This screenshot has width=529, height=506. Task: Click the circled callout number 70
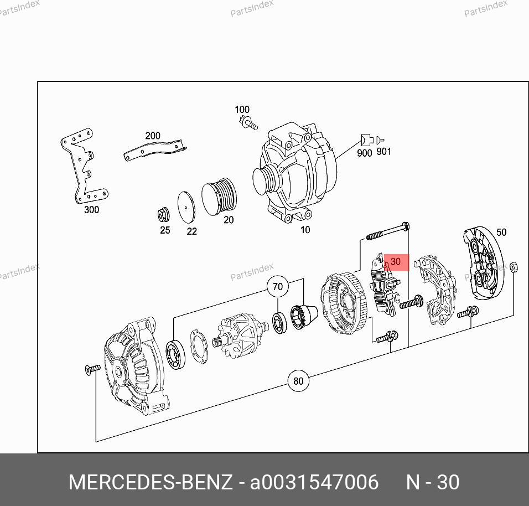click(x=277, y=287)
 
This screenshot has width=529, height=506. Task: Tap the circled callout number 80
click(x=298, y=381)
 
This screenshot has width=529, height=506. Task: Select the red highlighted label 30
click(x=396, y=262)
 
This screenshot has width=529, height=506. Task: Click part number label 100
click(x=242, y=110)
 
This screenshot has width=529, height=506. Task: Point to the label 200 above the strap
click(x=153, y=136)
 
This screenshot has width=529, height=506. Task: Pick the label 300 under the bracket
click(x=91, y=210)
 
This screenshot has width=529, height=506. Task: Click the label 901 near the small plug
click(x=383, y=152)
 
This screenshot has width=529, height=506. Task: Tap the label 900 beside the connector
click(x=364, y=153)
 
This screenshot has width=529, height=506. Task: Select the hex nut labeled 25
click(x=164, y=214)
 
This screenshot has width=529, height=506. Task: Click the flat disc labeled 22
click(x=186, y=207)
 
